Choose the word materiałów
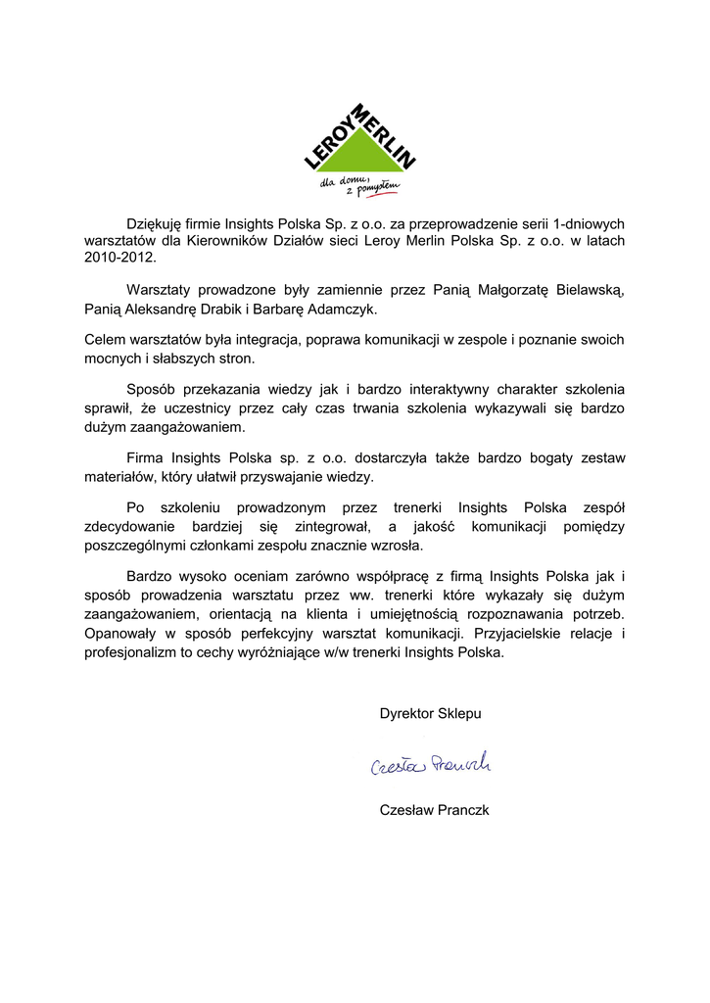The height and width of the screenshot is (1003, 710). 119,477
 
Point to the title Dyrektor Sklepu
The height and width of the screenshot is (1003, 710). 431,714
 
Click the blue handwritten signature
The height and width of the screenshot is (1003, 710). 431,765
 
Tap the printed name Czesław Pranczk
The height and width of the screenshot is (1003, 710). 434,810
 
